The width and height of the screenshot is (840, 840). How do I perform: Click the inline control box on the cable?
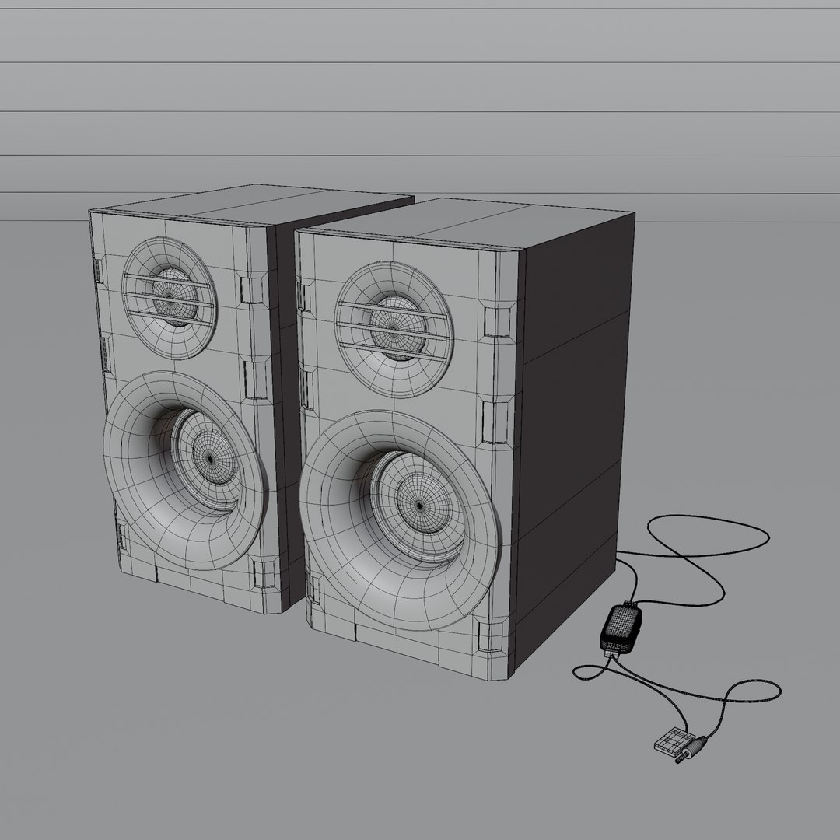[621, 627]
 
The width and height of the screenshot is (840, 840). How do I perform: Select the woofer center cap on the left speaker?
[210, 459]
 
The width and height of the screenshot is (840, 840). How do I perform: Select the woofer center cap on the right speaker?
[420, 506]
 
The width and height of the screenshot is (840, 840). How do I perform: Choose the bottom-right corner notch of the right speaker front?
[488, 637]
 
